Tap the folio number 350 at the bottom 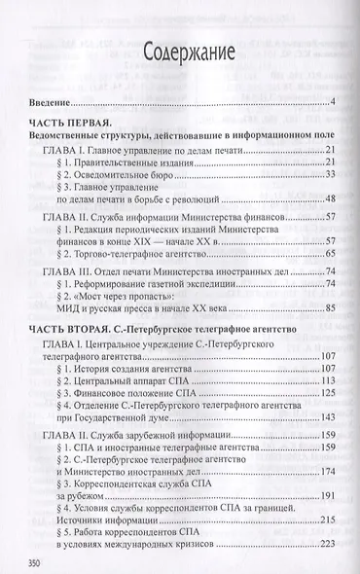click(x=42, y=561)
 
